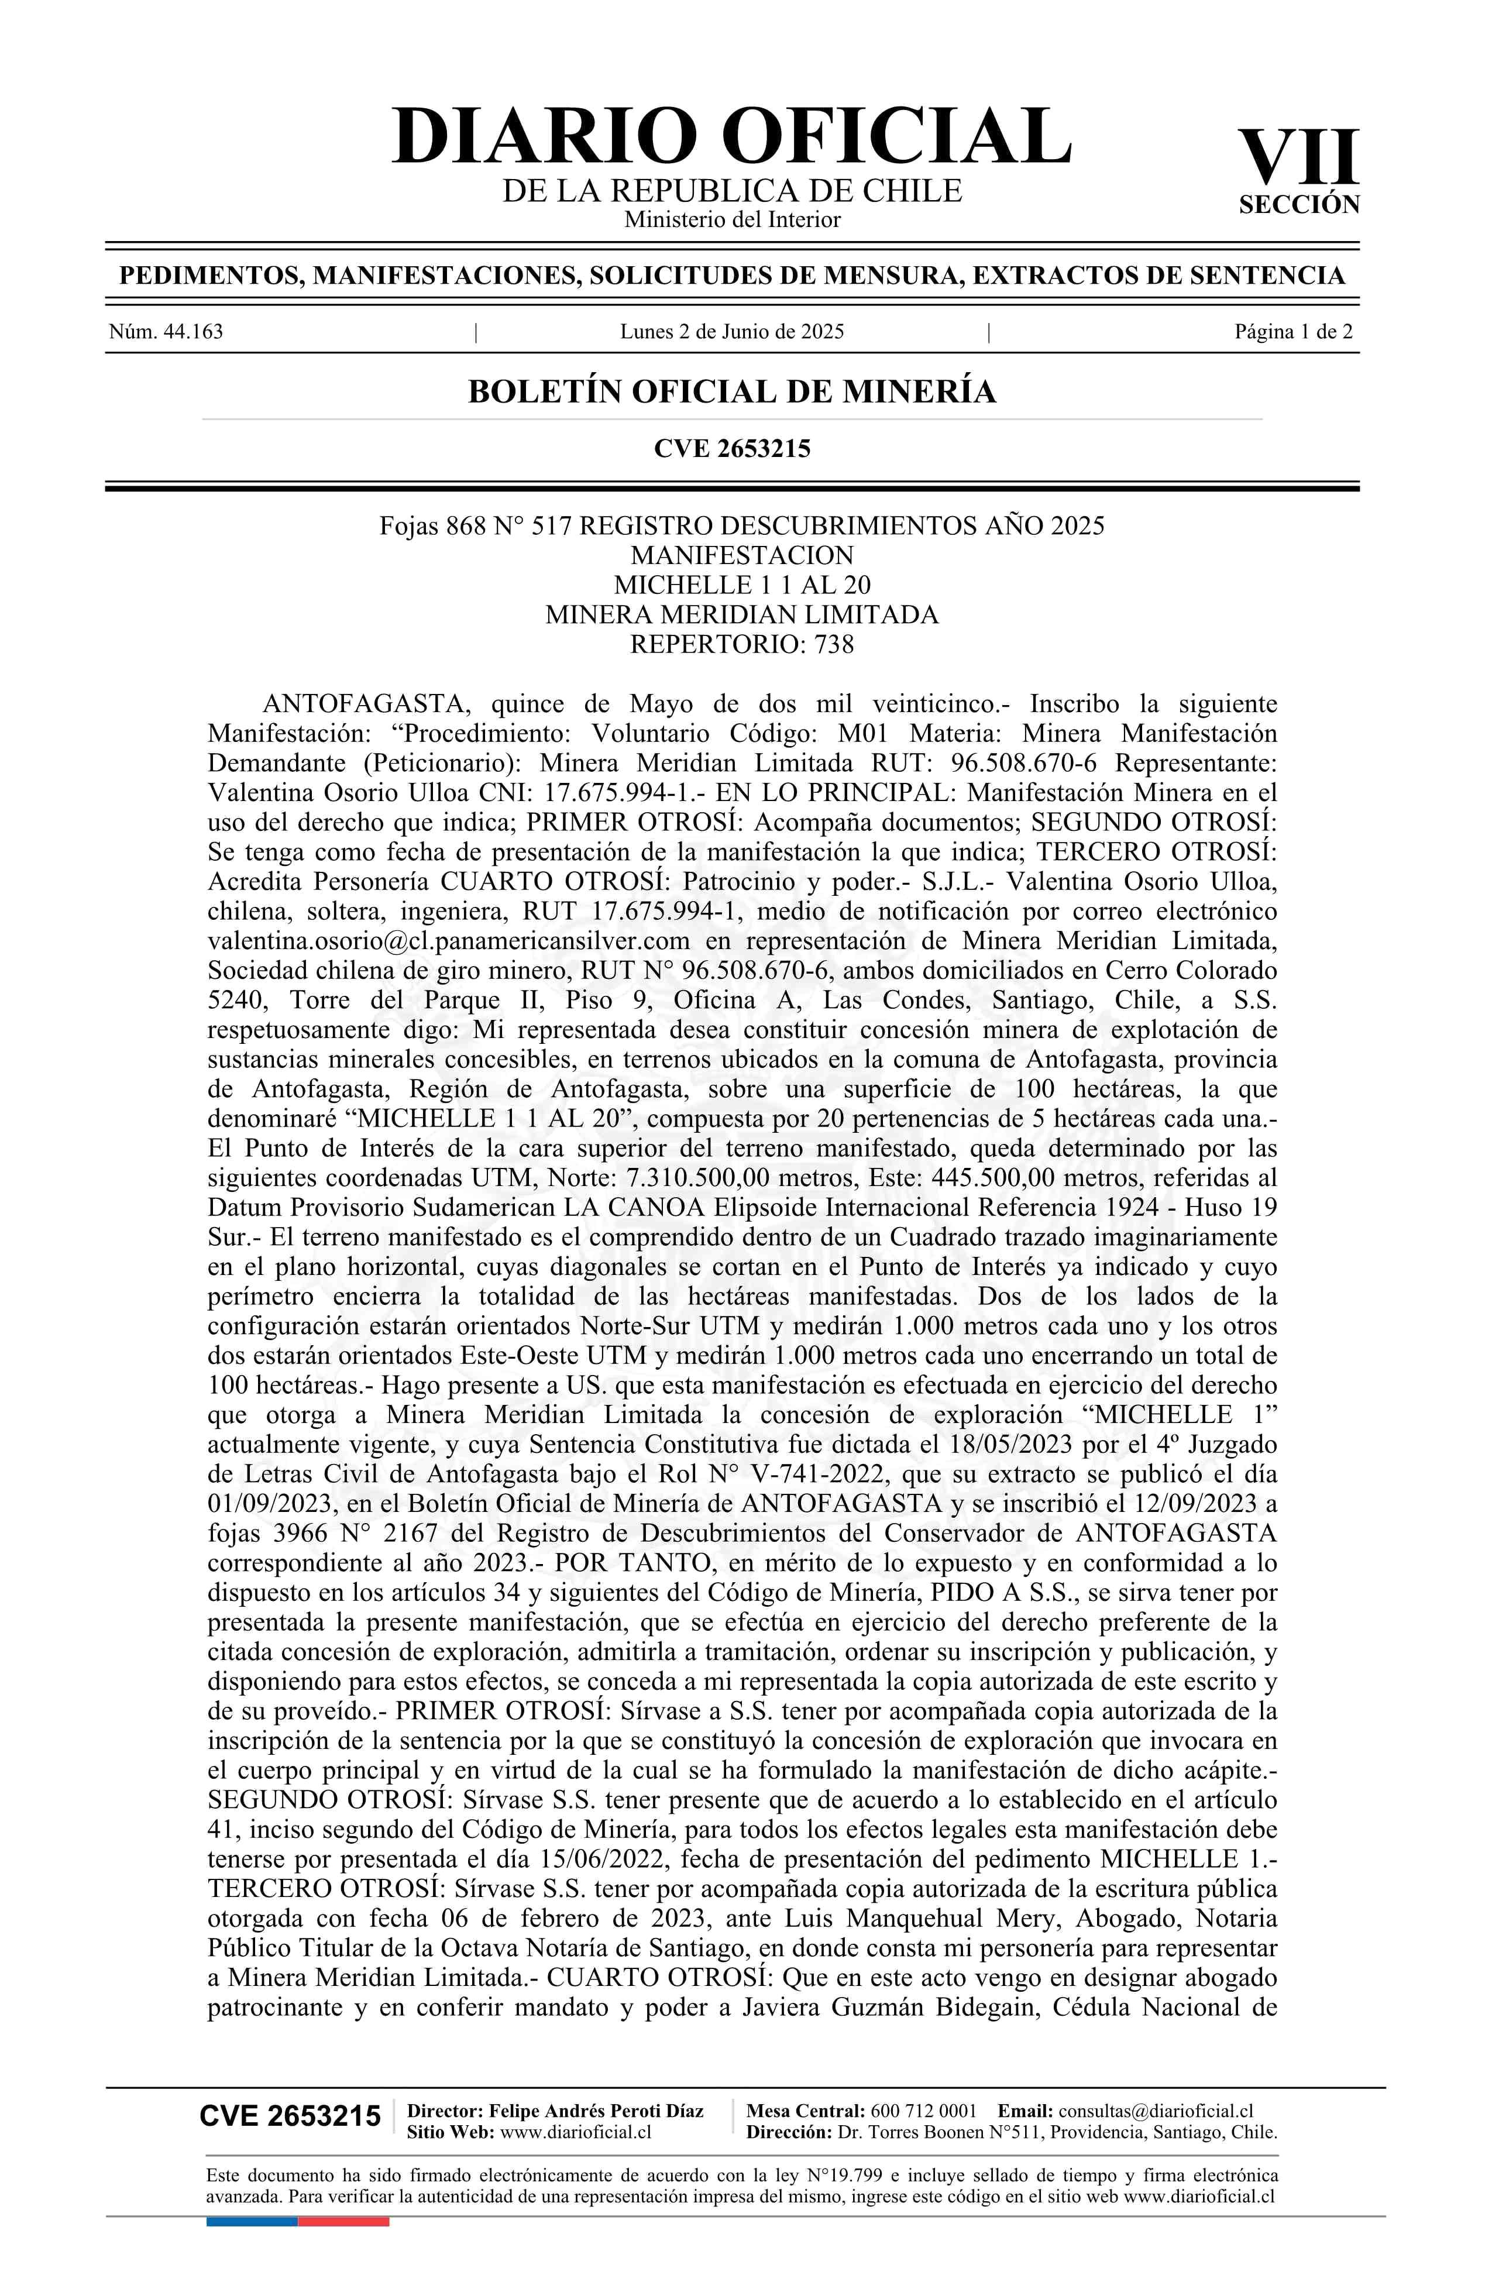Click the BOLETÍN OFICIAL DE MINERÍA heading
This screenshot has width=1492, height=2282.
pyautogui.click(x=731, y=391)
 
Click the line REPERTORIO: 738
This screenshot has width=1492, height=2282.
pyautogui.click(x=741, y=644)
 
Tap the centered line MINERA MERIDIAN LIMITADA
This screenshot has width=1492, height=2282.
pyautogui.click(x=741, y=614)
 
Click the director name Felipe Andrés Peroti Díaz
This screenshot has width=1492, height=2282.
pyautogui.click(x=596, y=2111)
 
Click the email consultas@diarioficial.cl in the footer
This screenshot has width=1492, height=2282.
pyautogui.click(x=1156, y=2111)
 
